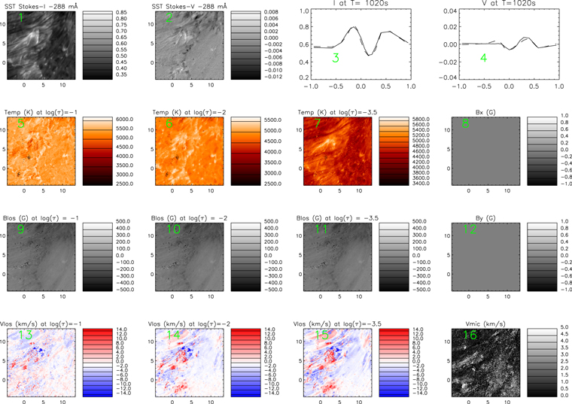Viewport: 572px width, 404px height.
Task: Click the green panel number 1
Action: [x=22, y=18]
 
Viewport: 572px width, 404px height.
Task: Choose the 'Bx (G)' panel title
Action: [x=482, y=111]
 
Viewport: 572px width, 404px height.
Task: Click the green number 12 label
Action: [x=470, y=229]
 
